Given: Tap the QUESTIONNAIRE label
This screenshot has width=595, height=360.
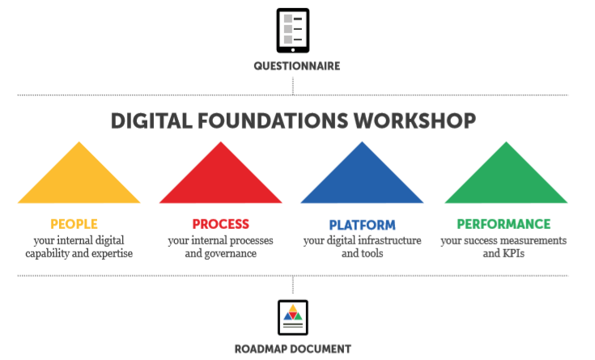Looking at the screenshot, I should pyautogui.click(x=293, y=66).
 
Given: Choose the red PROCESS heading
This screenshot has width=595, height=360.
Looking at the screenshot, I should pyautogui.click(x=220, y=224).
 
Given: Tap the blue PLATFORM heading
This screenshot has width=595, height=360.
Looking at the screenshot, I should pyautogui.click(x=362, y=225).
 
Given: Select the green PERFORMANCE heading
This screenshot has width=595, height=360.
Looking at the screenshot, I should pyautogui.click(x=504, y=224).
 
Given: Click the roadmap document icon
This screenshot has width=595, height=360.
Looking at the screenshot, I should pyautogui.click(x=293, y=317).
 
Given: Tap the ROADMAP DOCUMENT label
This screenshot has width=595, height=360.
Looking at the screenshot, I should pyautogui.click(x=293, y=349).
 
